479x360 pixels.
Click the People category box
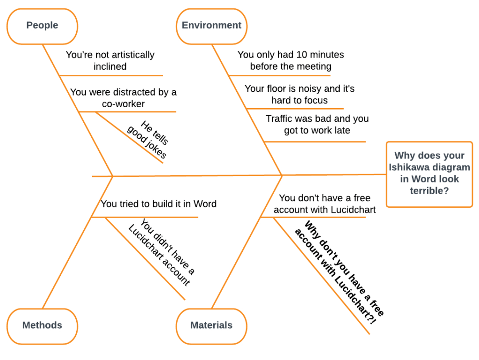[x=42, y=26]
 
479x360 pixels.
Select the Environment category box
[x=211, y=26]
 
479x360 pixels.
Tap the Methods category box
[x=42, y=325]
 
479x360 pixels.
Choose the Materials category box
[x=211, y=325]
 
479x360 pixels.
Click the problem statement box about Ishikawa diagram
[x=429, y=174]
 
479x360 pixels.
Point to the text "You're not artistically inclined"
[x=110, y=60]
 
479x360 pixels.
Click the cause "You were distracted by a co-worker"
[x=123, y=98]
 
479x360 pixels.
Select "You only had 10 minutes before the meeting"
[x=290, y=60]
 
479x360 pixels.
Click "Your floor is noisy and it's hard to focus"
[x=299, y=94]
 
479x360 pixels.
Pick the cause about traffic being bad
[x=317, y=125]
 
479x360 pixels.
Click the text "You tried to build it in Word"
[x=159, y=204]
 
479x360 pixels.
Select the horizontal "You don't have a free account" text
[x=325, y=204]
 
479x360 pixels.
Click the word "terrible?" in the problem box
[x=429, y=191]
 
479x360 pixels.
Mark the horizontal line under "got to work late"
[x=314, y=141]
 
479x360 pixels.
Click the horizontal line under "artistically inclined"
[x=111, y=75]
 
